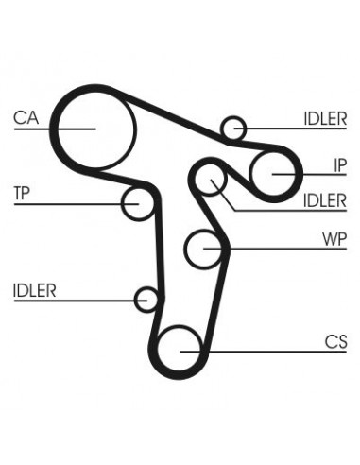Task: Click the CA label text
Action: (26, 119)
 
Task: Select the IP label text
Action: (340, 165)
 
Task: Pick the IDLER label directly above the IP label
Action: (325, 119)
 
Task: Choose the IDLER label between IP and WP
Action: (325, 200)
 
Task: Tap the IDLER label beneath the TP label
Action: (35, 290)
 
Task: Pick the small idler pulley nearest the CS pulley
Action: (146, 301)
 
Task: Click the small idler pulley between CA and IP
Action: (233, 127)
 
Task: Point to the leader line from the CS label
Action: (265, 352)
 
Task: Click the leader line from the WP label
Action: (274, 249)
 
